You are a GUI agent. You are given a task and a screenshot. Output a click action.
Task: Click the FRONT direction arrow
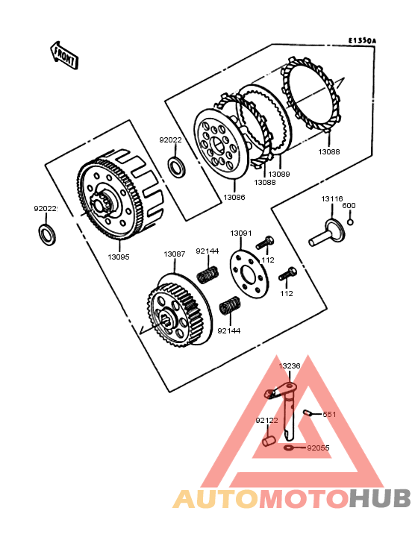64,56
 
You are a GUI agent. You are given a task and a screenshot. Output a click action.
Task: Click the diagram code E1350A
362,41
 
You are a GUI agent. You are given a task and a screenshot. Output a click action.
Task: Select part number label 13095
119,257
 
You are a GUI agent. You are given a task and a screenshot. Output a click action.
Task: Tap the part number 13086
234,198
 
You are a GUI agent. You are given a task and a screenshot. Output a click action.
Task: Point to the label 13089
279,174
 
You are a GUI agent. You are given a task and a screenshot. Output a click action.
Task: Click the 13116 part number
332,199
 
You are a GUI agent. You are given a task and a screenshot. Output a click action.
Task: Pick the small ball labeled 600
350,222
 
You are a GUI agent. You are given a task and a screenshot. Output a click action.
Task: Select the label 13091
240,233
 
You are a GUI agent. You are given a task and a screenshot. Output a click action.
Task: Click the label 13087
175,254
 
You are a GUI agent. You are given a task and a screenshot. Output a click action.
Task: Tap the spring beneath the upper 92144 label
208,274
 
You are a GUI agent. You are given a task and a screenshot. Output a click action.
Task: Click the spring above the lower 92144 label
230,306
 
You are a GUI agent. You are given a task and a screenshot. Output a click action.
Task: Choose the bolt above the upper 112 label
265,242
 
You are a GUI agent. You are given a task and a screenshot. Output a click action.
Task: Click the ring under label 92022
177,167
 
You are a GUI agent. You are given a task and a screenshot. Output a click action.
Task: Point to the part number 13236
290,366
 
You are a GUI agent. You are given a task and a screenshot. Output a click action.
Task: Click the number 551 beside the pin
329,415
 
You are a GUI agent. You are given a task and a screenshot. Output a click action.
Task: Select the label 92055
318,448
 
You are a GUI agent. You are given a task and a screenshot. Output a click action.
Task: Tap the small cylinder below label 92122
269,442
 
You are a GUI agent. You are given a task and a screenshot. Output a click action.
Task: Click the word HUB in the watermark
380,499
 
